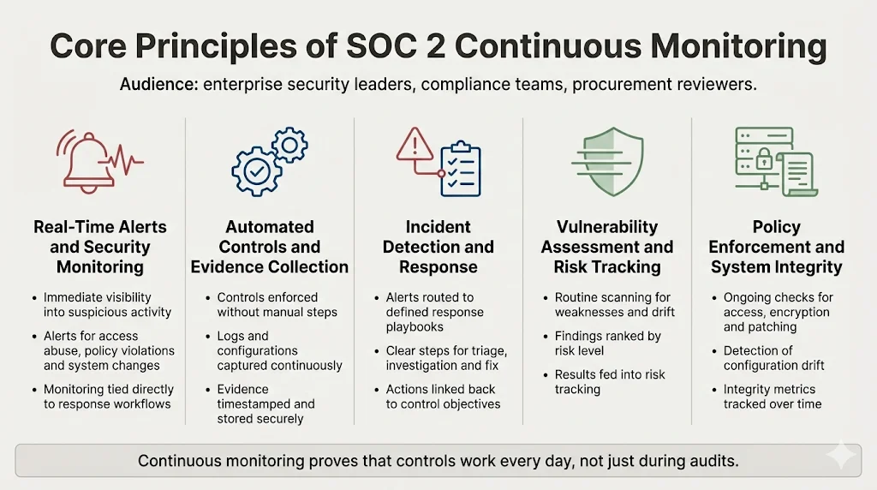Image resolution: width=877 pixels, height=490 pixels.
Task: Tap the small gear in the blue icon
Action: point(289,143)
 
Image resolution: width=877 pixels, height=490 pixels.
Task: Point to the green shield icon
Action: point(608,162)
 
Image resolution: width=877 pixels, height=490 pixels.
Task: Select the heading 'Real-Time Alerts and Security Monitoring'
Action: point(100,247)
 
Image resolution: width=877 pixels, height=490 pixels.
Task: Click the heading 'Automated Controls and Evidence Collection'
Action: point(269,247)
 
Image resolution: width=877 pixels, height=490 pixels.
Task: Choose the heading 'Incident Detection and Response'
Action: point(438,247)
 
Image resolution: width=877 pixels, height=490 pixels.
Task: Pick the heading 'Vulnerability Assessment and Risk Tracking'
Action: point(607,247)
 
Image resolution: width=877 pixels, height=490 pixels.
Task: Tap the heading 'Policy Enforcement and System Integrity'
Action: point(776,247)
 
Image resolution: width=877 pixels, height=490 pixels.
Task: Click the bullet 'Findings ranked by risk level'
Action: point(607,343)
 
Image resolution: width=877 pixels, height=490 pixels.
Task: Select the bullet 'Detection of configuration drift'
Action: point(773,358)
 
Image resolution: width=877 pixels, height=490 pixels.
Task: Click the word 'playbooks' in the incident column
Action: point(415,326)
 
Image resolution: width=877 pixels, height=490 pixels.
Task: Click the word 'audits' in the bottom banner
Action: point(711,461)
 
